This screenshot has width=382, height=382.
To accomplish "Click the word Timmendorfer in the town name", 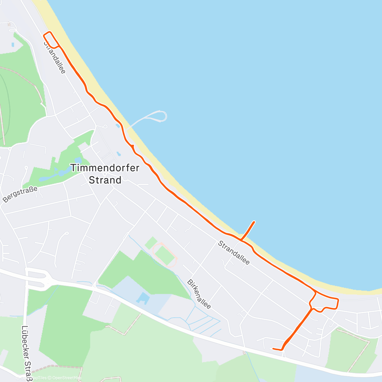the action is click(105, 168).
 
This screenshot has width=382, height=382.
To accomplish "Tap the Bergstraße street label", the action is click(20, 194).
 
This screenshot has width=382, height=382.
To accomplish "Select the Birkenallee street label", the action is click(199, 294).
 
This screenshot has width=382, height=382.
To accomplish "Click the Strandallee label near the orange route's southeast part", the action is click(234, 253).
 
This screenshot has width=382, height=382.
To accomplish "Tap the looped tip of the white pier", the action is click(162, 116).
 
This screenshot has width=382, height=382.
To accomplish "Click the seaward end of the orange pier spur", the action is click(254, 222).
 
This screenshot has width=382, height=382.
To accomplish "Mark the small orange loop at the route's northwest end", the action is click(51, 40).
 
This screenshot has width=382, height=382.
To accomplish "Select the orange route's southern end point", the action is click(273, 349).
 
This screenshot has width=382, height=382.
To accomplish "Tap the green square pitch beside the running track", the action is click(151, 243).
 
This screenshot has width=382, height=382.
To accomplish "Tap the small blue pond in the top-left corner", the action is click(12, 45).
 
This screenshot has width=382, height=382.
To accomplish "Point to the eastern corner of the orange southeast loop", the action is click(337, 300).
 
